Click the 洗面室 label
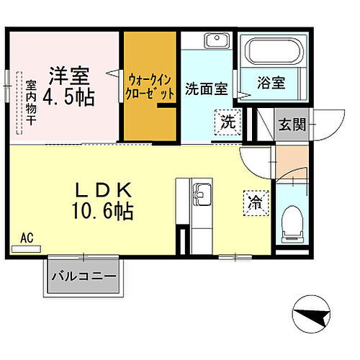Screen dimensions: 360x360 point(206,89)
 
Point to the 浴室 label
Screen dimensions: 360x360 point(271,83)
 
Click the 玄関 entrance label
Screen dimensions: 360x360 point(292,124)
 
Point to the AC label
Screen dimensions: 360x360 point(27,238)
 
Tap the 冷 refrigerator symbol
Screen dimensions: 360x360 point(255,202)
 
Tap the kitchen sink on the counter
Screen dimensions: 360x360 point(200,194)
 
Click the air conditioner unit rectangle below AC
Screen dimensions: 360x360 point(27,249)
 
